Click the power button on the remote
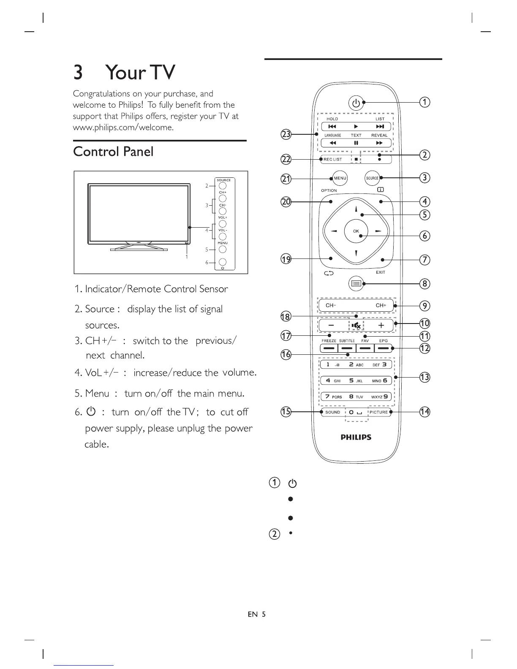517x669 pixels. pyautogui.click(x=356, y=103)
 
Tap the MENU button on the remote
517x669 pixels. pyautogui.click(x=340, y=178)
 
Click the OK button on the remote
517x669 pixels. pyautogui.click(x=356, y=231)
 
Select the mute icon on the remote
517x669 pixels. pyautogui.click(x=356, y=325)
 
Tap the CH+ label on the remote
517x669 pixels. pyautogui.click(x=381, y=305)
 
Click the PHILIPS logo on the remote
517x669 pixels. pyautogui.click(x=356, y=437)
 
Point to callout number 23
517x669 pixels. pyautogui.click(x=286, y=134)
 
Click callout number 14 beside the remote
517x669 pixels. pyautogui.click(x=424, y=411)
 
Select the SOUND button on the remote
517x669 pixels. pyautogui.click(x=333, y=412)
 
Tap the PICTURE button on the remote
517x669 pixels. pyautogui.click(x=378, y=412)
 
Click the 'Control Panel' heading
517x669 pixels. pyautogui.click(x=113, y=152)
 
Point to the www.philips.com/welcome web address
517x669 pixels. pyautogui.click(x=123, y=127)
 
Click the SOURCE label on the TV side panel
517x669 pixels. pyautogui.click(x=223, y=180)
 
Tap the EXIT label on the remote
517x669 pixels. pyautogui.click(x=381, y=272)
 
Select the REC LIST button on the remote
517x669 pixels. pyautogui.click(x=333, y=159)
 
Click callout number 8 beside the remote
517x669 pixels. pyautogui.click(x=424, y=283)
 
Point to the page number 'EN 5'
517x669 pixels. pyautogui.click(x=256, y=614)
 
